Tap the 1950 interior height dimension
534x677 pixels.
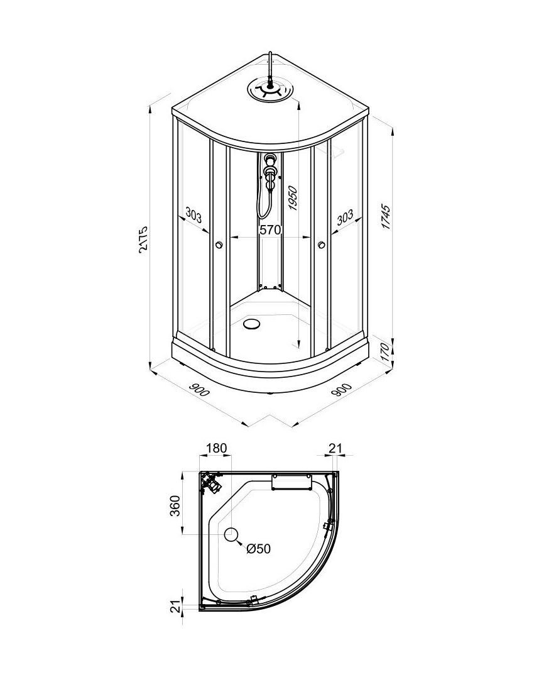(x=293, y=199)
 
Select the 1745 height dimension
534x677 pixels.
(x=386, y=217)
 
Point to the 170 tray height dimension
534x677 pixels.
(x=386, y=352)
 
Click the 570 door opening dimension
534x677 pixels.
(x=270, y=230)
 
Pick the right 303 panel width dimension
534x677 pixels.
(x=345, y=217)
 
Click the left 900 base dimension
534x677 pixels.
(x=199, y=390)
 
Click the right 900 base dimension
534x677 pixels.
(x=342, y=390)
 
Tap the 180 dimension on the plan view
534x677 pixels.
(x=216, y=448)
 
